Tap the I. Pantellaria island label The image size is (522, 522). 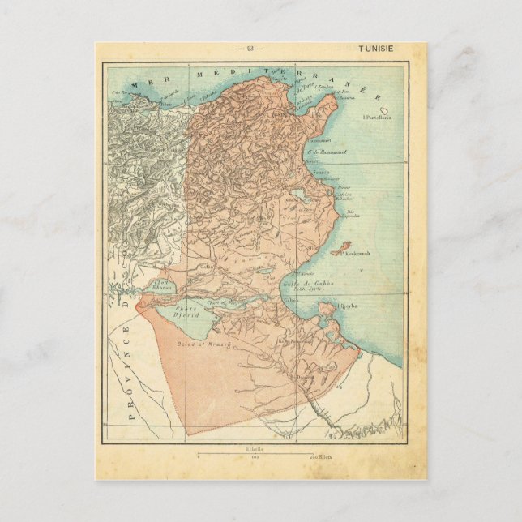pyautogui.click(x=376, y=117)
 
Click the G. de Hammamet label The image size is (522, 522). pyautogui.click(x=323, y=152)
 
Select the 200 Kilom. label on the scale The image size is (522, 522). pyautogui.click(x=322, y=458)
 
